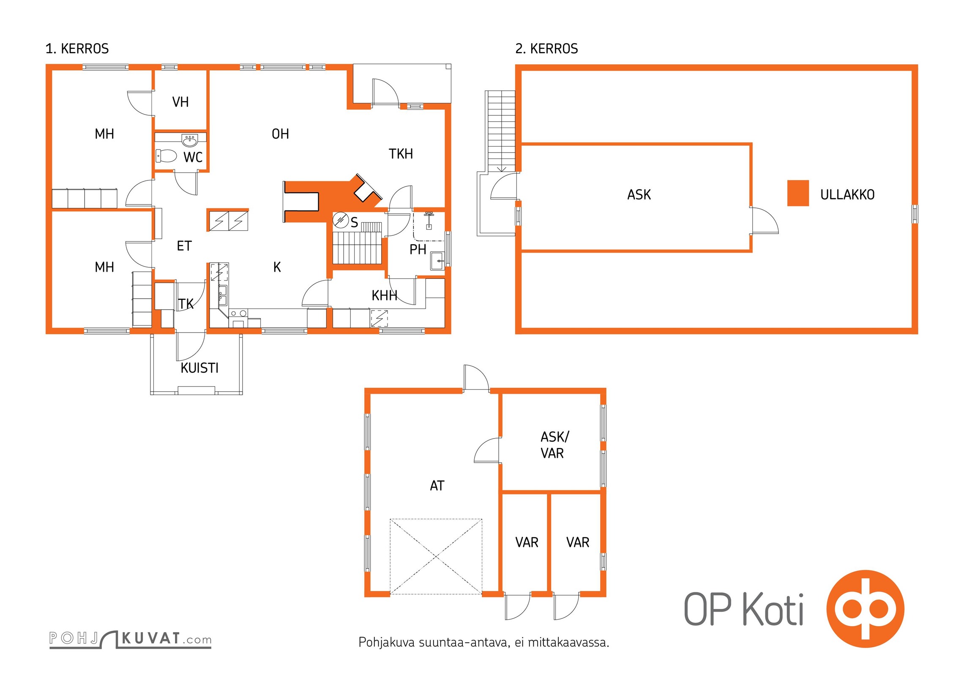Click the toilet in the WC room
[x=166, y=156]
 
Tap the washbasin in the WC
[x=190, y=140]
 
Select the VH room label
[x=180, y=102]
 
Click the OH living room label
[x=280, y=134]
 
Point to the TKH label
[x=401, y=154]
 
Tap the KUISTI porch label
[x=199, y=368]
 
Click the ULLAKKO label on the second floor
[x=847, y=195]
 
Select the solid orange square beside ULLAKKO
[x=798, y=193]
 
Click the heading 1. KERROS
[x=77, y=49]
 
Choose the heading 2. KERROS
[x=546, y=49]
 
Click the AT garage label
[x=437, y=486]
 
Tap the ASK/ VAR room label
[x=554, y=445]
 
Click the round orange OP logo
[x=865, y=608]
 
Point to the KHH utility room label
[x=384, y=296]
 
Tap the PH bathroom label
[x=418, y=250]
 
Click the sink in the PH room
[x=437, y=260]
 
